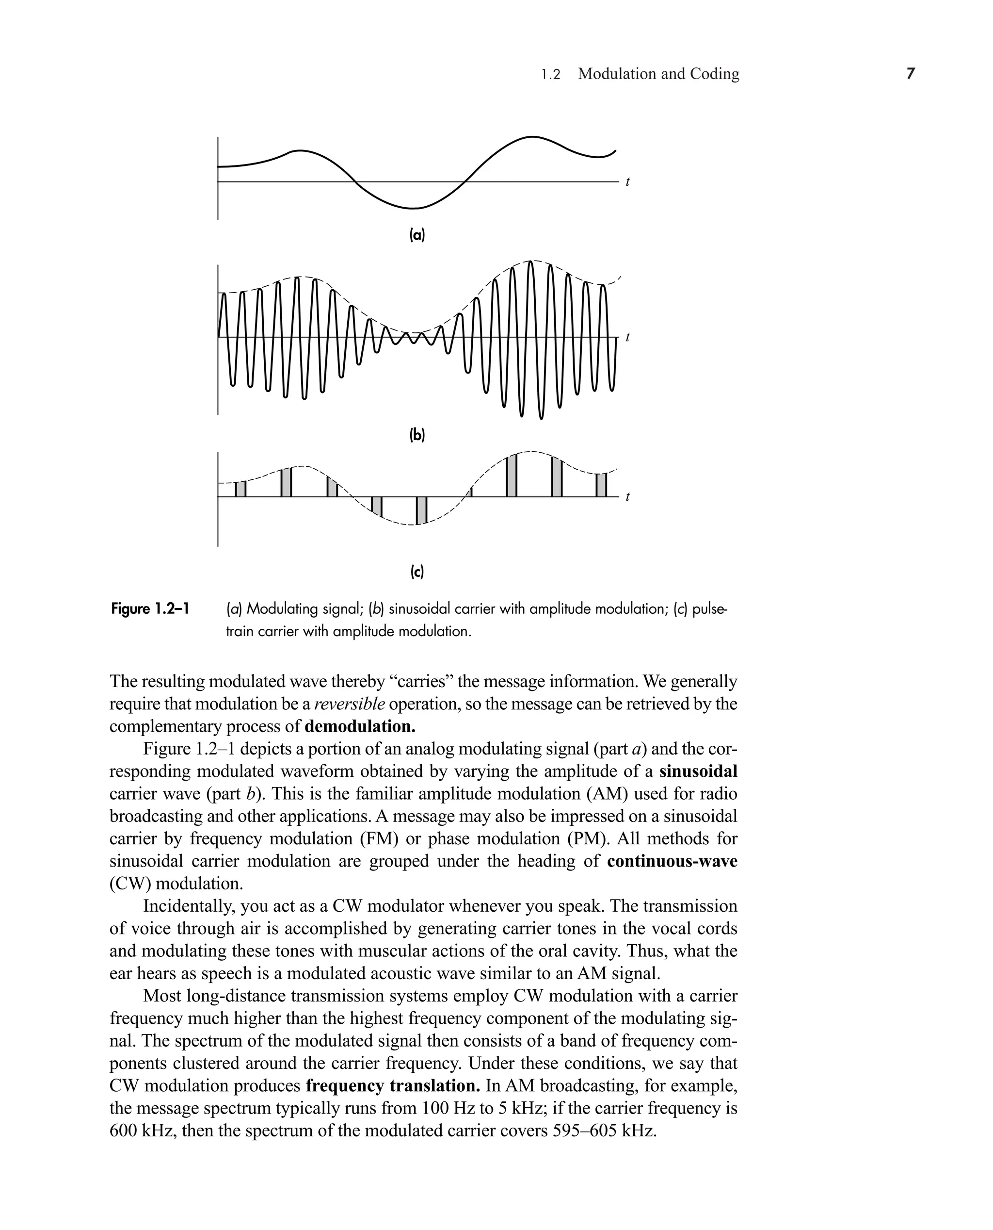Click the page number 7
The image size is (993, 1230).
click(911, 74)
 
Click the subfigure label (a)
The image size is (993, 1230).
click(417, 235)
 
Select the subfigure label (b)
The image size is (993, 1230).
click(417, 435)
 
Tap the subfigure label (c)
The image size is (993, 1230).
click(417, 571)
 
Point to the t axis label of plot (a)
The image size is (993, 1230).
click(627, 182)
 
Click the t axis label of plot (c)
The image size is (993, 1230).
click(627, 497)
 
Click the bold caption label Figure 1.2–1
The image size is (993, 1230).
click(150, 608)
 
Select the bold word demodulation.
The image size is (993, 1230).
click(360, 726)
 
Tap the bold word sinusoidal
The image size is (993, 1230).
click(698, 771)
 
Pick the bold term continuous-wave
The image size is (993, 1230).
click(672, 861)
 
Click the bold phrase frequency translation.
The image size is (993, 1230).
click(393, 1086)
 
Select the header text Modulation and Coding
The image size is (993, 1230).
click(658, 74)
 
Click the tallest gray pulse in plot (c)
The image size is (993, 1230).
click(512, 475)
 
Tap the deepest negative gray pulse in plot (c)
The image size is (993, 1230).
click(421, 510)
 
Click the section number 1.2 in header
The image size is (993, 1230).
click(550, 74)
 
